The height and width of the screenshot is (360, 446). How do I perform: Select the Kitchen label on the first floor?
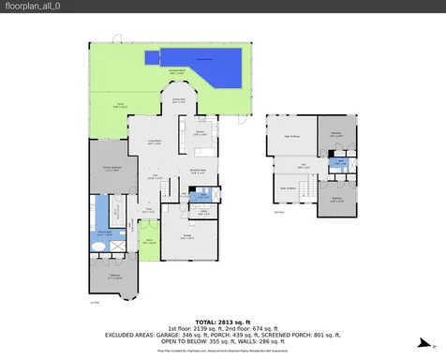(199, 133)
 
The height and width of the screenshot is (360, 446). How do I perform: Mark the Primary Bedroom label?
(111, 170)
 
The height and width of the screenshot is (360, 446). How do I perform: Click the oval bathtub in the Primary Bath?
(98, 243)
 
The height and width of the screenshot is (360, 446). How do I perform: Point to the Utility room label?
(202, 213)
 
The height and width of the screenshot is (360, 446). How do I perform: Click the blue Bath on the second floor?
(342, 162)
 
